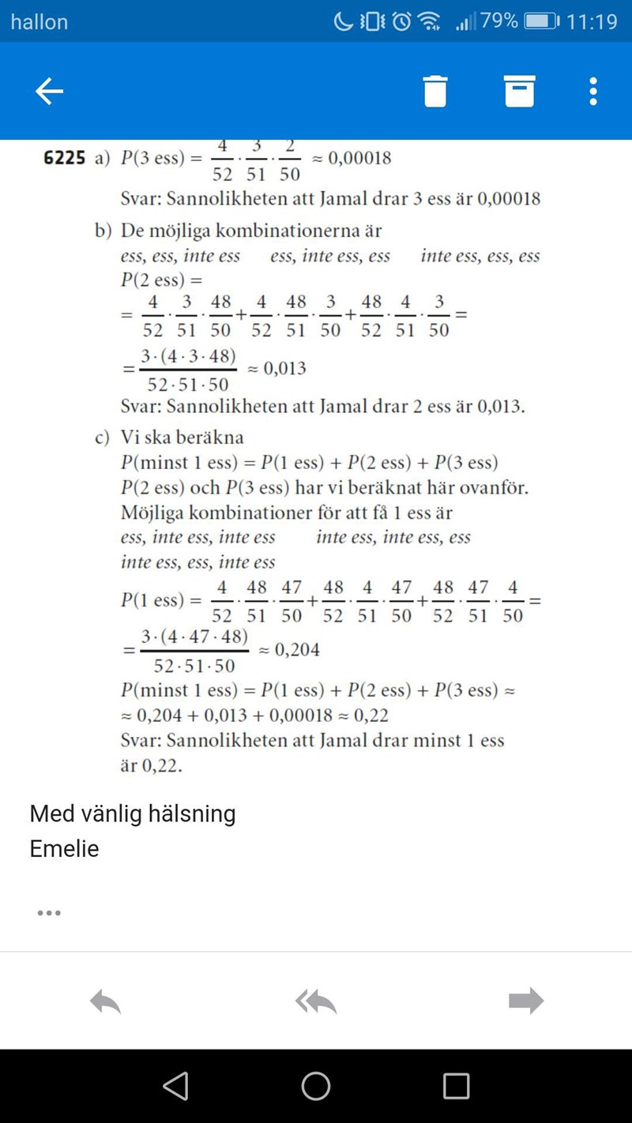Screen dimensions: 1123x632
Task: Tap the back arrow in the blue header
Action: pyautogui.click(x=49, y=92)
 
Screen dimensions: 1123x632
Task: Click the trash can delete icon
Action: pyautogui.click(x=435, y=92)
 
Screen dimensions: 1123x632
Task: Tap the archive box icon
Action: pyautogui.click(x=520, y=92)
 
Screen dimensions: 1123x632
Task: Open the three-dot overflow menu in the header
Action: pyautogui.click(x=593, y=92)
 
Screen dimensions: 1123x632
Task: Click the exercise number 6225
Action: pyautogui.click(x=64, y=158)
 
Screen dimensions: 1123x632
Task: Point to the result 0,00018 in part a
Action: pyautogui.click(x=359, y=158)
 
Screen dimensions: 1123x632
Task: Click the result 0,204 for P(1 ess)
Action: pyautogui.click(x=297, y=650)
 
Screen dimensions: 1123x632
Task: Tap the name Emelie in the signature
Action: pyautogui.click(x=64, y=849)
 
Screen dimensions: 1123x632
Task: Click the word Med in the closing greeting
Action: pyautogui.click(x=47, y=813)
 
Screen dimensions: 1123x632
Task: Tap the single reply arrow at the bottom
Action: pyautogui.click(x=105, y=1001)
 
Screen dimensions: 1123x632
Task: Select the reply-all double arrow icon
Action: pyautogui.click(x=315, y=1001)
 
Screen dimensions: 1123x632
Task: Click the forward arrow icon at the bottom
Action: pyautogui.click(x=526, y=1001)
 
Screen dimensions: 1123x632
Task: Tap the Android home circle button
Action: pyautogui.click(x=315, y=1087)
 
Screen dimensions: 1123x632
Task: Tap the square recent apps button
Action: pyautogui.click(x=456, y=1087)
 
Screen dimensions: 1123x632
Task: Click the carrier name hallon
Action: pyautogui.click(x=39, y=21)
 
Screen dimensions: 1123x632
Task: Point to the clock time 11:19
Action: pyautogui.click(x=592, y=21)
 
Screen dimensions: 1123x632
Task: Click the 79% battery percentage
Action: pyautogui.click(x=499, y=21)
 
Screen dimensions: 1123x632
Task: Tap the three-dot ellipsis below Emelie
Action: pyautogui.click(x=49, y=913)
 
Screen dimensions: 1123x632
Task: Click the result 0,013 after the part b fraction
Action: pyautogui.click(x=284, y=368)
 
